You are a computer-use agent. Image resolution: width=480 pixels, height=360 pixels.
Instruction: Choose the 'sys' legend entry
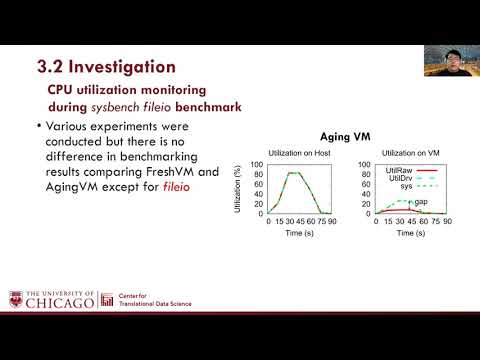click(x=395, y=186)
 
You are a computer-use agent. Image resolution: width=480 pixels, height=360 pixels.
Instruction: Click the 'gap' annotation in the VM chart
click(x=421, y=201)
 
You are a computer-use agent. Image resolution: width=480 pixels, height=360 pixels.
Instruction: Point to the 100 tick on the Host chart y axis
click(x=255, y=165)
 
